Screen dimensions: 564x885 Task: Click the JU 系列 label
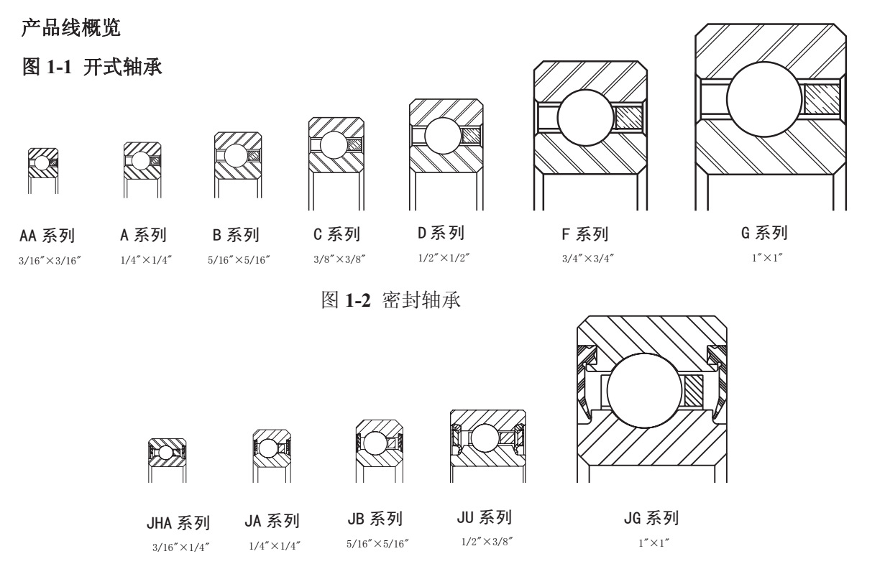click(484, 518)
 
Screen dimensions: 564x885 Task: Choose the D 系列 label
click(440, 234)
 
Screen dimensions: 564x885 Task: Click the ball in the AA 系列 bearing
click(42, 164)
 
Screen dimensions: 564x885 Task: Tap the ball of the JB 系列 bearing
click(375, 442)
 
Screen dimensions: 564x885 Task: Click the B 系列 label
click(236, 235)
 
